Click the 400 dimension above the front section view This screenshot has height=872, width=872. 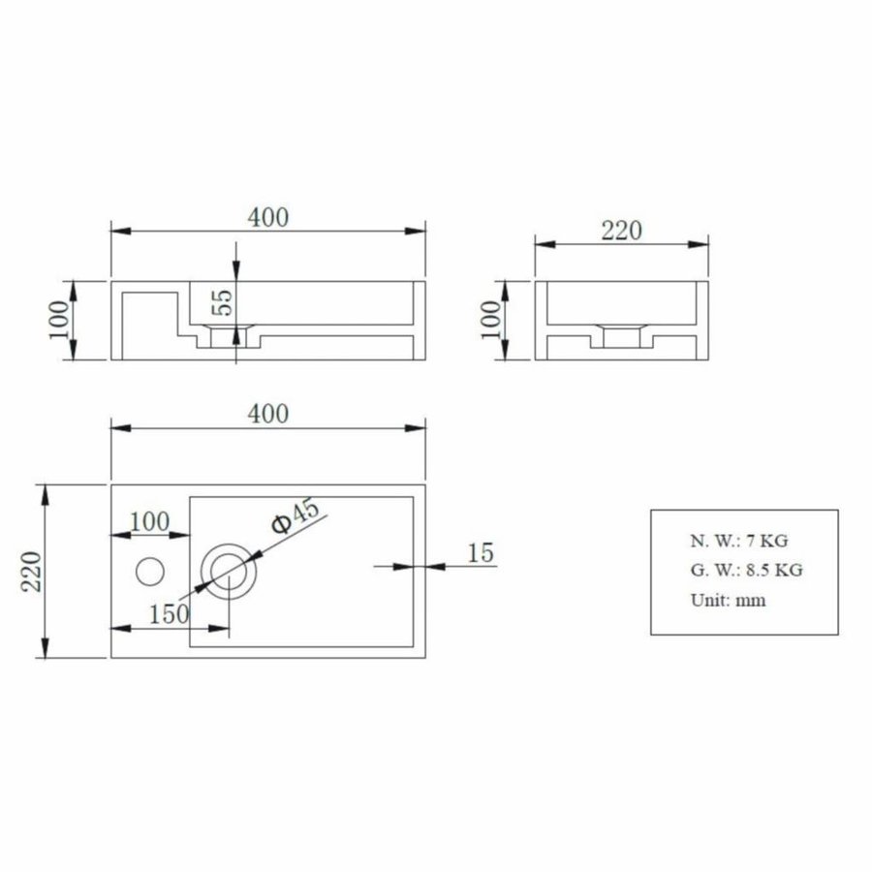[x=268, y=218]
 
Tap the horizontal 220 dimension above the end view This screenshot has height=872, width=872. [x=622, y=231]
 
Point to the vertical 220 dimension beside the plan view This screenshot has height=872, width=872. [x=29, y=572]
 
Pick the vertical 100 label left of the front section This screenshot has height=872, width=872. [x=59, y=320]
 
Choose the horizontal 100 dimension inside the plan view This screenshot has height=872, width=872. [x=149, y=521]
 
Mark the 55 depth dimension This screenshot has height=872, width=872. [x=223, y=301]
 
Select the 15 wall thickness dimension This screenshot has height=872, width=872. [x=481, y=553]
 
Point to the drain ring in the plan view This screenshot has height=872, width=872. [x=230, y=570]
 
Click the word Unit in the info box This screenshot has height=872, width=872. [x=709, y=599]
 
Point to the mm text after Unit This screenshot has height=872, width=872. [x=751, y=600]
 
